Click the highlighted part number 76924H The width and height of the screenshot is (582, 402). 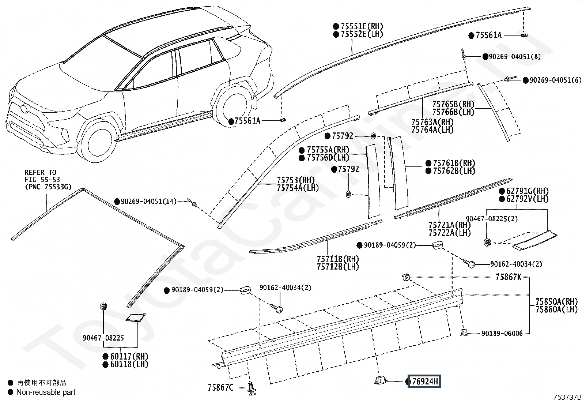click(x=425, y=382)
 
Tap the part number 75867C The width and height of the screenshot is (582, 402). click(x=220, y=387)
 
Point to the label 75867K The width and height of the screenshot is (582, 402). click(x=509, y=277)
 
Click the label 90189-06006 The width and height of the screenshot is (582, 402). click(x=502, y=333)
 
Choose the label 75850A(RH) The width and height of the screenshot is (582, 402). click(x=557, y=302)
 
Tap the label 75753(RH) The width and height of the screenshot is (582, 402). click(x=295, y=180)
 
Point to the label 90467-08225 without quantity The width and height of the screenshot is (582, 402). click(x=103, y=338)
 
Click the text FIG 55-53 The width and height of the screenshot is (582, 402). click(x=40, y=179)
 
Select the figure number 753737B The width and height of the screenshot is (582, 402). click(x=567, y=397)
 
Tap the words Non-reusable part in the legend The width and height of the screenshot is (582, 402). click(x=46, y=392)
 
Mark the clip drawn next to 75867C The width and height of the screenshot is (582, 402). click(x=252, y=388)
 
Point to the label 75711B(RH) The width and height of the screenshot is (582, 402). click(x=338, y=259)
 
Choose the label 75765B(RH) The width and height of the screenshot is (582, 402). click(x=453, y=104)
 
